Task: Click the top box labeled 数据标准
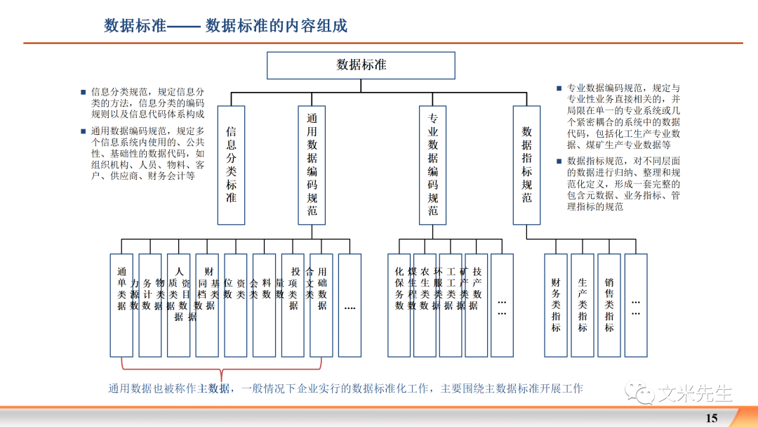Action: point(361,65)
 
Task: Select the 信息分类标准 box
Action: point(231,165)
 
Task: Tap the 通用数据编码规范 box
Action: point(312,165)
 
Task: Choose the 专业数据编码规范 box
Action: point(433,165)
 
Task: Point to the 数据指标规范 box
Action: point(526,165)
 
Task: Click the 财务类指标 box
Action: point(556,305)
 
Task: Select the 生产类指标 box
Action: point(583,305)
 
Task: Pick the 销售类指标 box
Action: point(609,305)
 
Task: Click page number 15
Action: point(712,418)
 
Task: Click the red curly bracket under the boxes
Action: point(221,369)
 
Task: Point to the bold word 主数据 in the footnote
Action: point(213,388)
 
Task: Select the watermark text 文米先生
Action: point(695,393)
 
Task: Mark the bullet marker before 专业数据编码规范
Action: point(559,89)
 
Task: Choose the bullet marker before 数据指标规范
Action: point(559,161)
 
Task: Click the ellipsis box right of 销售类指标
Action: point(636,305)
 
